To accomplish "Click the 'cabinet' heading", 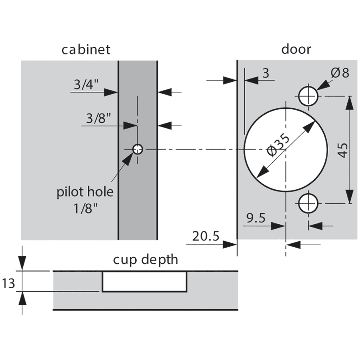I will click(86, 49).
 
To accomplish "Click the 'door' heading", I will click(296, 49).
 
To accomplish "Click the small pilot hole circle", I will click(138, 149).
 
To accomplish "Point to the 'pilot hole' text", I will click(85, 192).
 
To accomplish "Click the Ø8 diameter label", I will click(339, 73).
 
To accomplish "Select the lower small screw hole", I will click(308, 203).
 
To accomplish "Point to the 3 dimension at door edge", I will click(266, 73).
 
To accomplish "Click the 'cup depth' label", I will click(145, 260).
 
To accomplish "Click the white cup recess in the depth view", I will click(145, 281).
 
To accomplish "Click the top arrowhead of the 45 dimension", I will click(349, 103).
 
